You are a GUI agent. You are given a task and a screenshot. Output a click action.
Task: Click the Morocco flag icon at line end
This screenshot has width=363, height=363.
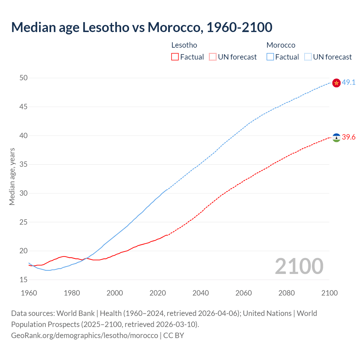[336, 83]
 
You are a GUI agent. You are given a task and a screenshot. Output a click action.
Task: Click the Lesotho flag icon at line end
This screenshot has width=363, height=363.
[336, 138]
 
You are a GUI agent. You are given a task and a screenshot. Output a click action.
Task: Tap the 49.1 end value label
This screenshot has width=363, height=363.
[349, 83]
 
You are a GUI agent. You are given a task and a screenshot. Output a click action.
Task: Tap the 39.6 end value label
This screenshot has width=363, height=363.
[349, 137]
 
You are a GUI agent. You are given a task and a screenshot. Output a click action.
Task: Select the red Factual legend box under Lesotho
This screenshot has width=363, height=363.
[175, 57]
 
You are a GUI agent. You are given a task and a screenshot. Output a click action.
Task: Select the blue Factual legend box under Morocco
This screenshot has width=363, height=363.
[270, 57]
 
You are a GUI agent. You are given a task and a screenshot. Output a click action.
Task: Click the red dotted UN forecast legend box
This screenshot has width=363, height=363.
[213, 57]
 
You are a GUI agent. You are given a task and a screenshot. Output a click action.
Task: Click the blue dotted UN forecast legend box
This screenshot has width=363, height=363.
[308, 57]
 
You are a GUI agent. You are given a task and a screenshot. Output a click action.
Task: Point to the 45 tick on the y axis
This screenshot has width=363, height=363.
[24, 107]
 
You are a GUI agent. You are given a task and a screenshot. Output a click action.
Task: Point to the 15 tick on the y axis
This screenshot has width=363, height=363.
[24, 280]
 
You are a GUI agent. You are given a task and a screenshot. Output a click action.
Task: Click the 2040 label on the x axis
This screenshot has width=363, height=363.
[201, 293]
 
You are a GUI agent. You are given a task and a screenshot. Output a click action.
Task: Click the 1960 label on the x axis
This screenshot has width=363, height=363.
[29, 293]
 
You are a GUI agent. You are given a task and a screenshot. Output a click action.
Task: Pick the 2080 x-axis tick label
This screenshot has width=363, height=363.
[286, 293]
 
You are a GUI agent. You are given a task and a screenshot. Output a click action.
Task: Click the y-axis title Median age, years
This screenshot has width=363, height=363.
[12, 176]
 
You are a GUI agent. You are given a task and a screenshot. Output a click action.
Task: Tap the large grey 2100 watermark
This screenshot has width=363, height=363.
[299, 266]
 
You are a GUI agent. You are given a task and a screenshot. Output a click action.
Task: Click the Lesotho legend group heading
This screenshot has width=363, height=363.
[184, 45]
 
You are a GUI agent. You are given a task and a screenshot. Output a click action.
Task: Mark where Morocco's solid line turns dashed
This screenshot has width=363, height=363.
[167, 189]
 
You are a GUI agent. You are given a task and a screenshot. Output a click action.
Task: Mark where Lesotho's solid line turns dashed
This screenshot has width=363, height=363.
[167, 235]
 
